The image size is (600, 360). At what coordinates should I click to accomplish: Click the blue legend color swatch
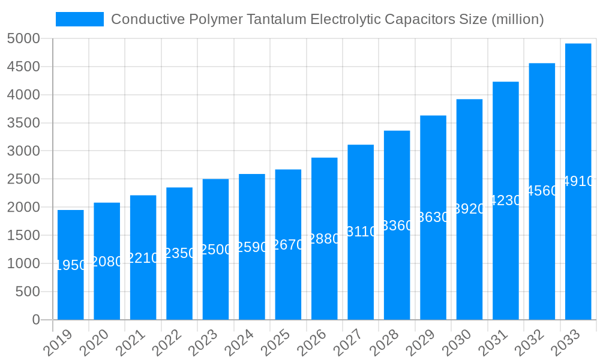pyautogui.click(x=79, y=19)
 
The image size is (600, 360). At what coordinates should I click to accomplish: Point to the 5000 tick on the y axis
pyautogui.click(x=23, y=39)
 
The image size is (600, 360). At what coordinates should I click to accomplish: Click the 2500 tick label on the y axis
pyautogui.click(x=23, y=179)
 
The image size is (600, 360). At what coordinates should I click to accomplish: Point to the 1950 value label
pyautogui.click(x=71, y=265)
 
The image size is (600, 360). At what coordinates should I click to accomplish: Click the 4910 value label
pyautogui.click(x=578, y=181)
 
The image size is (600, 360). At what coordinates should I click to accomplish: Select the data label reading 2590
pyautogui.click(x=252, y=247)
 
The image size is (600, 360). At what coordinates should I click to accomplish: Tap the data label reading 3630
pyautogui.click(x=433, y=217)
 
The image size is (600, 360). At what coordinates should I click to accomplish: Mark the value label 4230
pyautogui.click(x=506, y=200)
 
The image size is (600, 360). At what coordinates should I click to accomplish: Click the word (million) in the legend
pyautogui.click(x=517, y=19)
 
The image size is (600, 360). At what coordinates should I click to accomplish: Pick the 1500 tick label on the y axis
pyautogui.click(x=23, y=236)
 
